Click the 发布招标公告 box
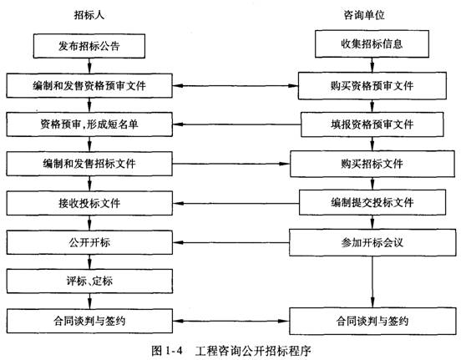coord(89,46)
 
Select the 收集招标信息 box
coord(372,43)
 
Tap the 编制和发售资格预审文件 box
coord(89,85)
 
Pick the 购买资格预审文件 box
coord(372,85)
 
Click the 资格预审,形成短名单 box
coord(89,124)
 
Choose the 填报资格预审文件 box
coord(372,124)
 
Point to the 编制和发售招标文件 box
coord(89,164)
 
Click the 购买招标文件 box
coord(372,164)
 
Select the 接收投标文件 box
coord(89,203)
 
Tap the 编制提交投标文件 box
coord(372,202)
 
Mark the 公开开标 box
coord(89,242)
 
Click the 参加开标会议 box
coord(372,242)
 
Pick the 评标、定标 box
coord(89,281)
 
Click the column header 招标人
coord(89,15)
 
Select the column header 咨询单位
coord(364,15)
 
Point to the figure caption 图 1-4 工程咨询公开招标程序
coord(231,351)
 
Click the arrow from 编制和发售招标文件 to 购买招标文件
coord(231,164)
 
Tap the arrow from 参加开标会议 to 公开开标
coord(231,243)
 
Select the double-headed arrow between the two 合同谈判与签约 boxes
coord(231,321)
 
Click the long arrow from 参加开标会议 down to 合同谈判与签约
coord(372,281)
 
